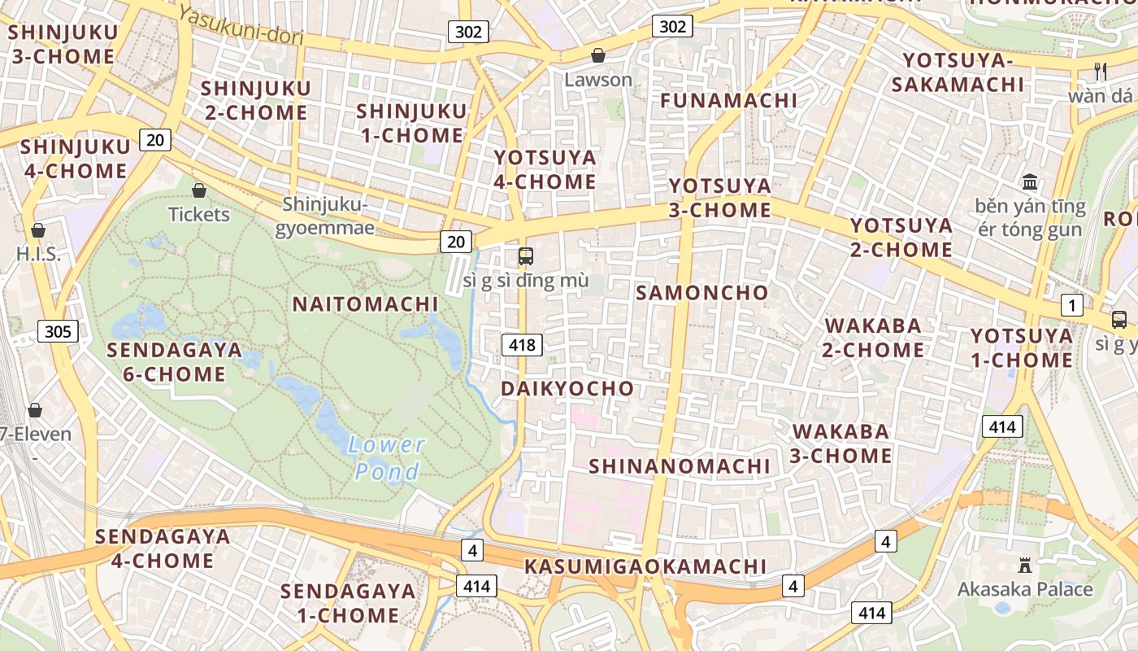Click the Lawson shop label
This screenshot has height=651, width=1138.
598,80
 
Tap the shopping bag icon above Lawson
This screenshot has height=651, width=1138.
598,55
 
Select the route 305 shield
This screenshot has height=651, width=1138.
58,331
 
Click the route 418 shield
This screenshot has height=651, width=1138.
521,345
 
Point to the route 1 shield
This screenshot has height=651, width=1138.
1072,306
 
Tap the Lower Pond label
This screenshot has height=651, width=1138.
388,458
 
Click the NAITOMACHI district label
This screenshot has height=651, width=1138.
365,304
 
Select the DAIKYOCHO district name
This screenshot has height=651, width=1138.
567,388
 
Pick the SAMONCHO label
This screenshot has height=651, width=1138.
702,293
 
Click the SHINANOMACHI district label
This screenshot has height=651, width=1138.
680,466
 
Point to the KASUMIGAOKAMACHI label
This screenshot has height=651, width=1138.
645,566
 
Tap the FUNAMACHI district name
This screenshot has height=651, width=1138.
729,100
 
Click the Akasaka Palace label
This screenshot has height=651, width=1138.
1025,588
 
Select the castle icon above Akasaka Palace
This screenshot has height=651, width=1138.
1024,565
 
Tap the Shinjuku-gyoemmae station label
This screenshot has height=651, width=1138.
325,216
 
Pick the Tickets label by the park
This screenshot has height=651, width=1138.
199,215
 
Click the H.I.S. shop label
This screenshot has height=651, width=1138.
38,255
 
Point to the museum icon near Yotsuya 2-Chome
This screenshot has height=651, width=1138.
1031,181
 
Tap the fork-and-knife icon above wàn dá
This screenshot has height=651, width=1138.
1101,72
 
